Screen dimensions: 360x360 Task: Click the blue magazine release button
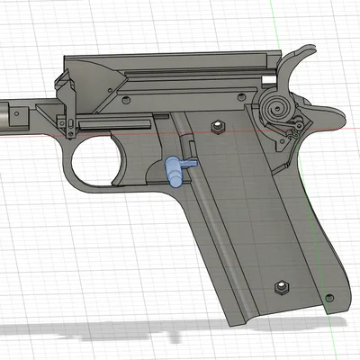click(x=177, y=168)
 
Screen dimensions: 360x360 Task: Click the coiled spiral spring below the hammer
click(x=279, y=111)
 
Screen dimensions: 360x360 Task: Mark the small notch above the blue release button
click(x=190, y=145)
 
